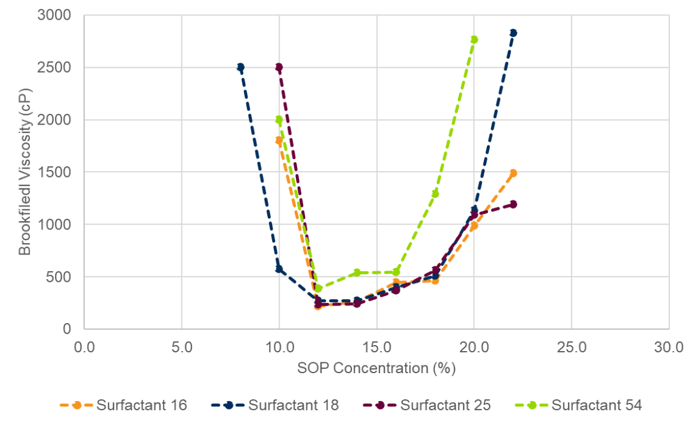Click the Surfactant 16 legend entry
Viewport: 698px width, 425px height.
[123, 405]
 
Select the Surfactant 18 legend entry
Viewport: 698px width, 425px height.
[275, 405]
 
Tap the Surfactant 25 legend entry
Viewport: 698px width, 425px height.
[427, 405]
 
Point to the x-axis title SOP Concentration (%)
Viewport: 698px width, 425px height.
[376, 368]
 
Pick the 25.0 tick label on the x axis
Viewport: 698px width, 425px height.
[571, 346]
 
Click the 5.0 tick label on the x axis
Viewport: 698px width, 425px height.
[181, 346]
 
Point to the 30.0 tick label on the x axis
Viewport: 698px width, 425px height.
[669, 346]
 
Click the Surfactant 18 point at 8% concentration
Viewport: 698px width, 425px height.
[240, 67]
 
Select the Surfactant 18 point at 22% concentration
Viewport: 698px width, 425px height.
[513, 33]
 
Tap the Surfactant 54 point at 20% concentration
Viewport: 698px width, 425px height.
[474, 39]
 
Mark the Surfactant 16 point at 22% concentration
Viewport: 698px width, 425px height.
[513, 173]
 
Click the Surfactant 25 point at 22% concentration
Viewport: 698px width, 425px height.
[513, 204]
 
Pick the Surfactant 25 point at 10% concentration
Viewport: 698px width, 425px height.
[279, 67]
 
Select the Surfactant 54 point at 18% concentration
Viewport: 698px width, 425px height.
[435, 193]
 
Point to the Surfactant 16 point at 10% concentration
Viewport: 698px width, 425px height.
[279, 141]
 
